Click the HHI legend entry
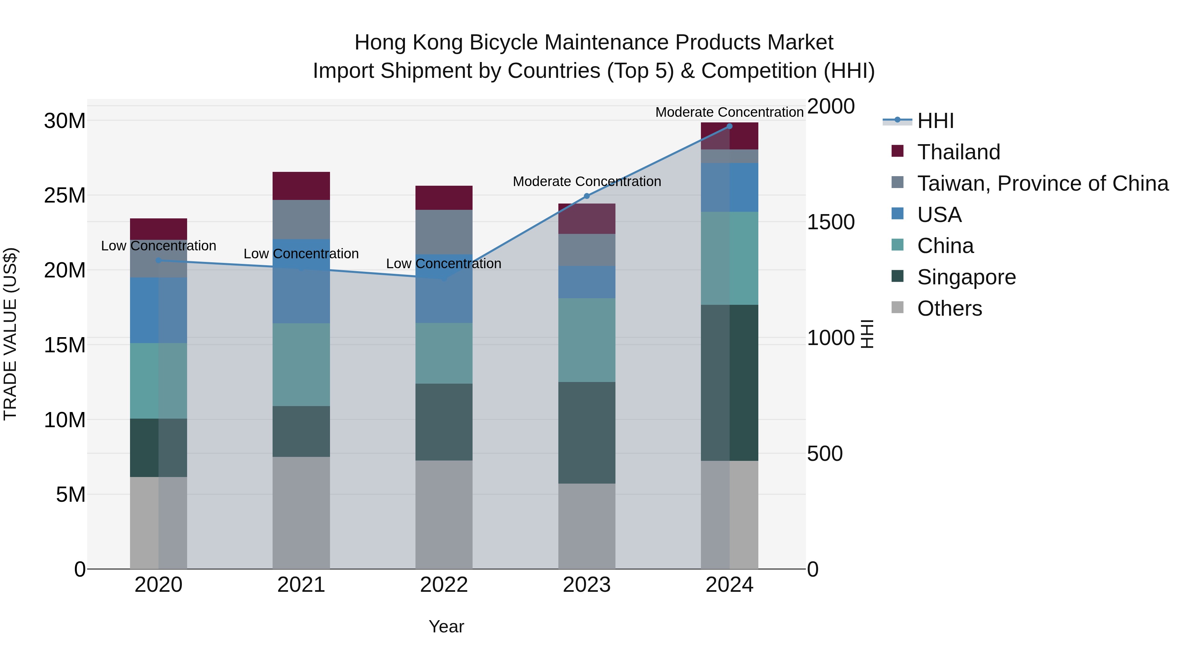coord(935,121)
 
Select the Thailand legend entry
coord(958,152)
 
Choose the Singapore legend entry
coord(966,277)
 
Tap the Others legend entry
coord(949,308)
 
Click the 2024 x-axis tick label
coord(729,585)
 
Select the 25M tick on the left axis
coord(65,196)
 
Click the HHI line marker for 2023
coord(587,196)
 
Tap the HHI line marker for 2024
coord(729,126)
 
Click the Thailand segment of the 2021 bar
coord(301,186)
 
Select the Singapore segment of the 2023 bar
coord(587,432)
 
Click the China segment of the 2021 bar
coord(301,364)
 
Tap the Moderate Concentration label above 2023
coord(587,182)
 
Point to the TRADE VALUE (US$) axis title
coord(10,334)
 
